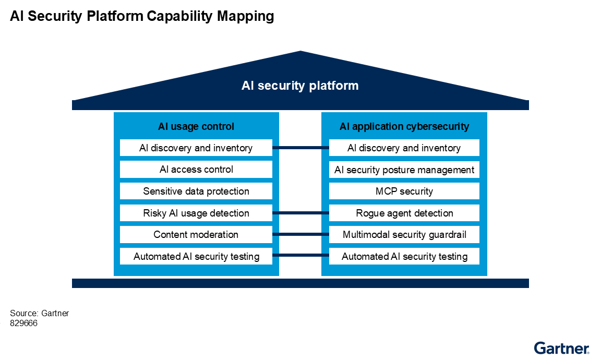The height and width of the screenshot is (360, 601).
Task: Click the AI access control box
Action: point(196,170)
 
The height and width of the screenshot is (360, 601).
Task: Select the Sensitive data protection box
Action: point(196,191)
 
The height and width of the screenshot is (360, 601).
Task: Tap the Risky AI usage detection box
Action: point(196,213)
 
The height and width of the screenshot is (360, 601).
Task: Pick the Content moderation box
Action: point(196,235)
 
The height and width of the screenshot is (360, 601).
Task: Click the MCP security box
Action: point(404,191)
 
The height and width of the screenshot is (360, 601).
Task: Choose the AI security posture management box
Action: point(404,170)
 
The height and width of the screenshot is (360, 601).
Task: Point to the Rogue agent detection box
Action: point(404,213)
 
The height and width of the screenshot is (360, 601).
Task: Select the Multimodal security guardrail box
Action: point(404,235)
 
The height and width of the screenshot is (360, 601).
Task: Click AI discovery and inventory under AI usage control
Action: point(196,148)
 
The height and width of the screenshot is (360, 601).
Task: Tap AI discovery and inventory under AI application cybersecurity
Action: point(404,148)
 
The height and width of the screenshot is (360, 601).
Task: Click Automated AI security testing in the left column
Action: point(196,256)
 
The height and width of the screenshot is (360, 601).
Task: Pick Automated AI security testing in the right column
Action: point(404,256)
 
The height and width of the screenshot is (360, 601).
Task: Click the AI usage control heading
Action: point(196,126)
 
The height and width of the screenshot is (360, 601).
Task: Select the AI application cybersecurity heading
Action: point(404,126)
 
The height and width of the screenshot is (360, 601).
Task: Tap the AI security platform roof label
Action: point(300,86)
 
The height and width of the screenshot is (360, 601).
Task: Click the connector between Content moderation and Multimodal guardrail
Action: point(300,235)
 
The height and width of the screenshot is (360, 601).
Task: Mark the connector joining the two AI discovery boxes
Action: point(300,148)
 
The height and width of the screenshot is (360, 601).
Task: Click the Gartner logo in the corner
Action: point(561,348)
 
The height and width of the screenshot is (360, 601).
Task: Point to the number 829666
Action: point(23,323)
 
